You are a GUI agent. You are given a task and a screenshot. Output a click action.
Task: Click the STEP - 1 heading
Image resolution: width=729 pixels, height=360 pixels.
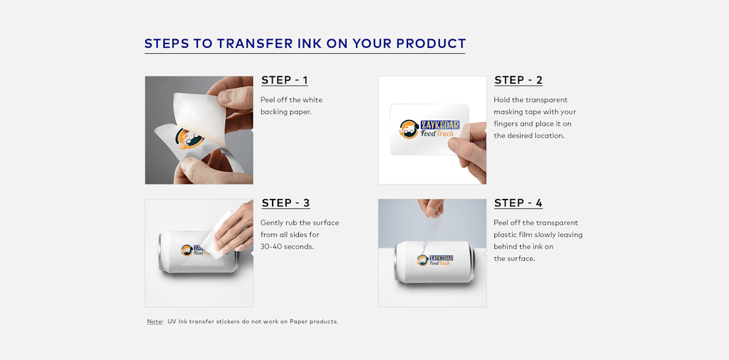284,80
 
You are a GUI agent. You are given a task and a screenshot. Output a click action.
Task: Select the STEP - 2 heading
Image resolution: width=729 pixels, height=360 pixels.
518,80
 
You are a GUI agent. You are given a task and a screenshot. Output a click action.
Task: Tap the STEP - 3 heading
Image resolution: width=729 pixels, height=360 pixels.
285,203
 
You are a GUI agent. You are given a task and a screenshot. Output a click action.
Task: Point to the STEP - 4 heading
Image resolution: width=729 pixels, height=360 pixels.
518,203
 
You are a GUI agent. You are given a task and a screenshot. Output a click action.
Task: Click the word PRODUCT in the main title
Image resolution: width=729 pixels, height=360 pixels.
431,44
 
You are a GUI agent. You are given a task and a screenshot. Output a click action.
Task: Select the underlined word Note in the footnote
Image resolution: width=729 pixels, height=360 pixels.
154,321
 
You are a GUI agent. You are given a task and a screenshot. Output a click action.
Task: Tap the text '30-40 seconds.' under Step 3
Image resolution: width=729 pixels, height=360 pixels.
287,247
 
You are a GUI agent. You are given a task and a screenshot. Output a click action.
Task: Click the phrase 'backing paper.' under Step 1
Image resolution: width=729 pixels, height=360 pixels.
286,112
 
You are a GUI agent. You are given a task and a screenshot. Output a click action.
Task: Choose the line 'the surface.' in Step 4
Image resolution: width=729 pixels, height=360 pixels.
515,259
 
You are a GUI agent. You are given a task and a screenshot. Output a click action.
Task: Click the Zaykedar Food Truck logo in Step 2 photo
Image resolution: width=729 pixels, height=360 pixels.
429,129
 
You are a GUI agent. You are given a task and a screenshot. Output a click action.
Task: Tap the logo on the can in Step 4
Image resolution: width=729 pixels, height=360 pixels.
434,260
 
